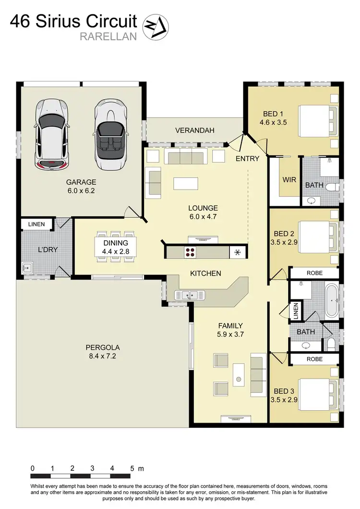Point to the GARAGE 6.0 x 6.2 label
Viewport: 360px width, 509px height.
tap(81, 186)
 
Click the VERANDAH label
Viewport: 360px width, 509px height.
tap(194, 130)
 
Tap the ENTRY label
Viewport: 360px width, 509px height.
tap(247, 158)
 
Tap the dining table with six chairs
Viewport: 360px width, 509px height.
tap(116, 247)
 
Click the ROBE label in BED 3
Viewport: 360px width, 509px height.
tap(315, 359)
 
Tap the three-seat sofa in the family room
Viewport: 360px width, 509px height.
tap(258, 376)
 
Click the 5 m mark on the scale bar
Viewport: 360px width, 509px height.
tap(132, 469)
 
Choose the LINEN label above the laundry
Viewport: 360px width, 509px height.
tap(36, 224)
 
